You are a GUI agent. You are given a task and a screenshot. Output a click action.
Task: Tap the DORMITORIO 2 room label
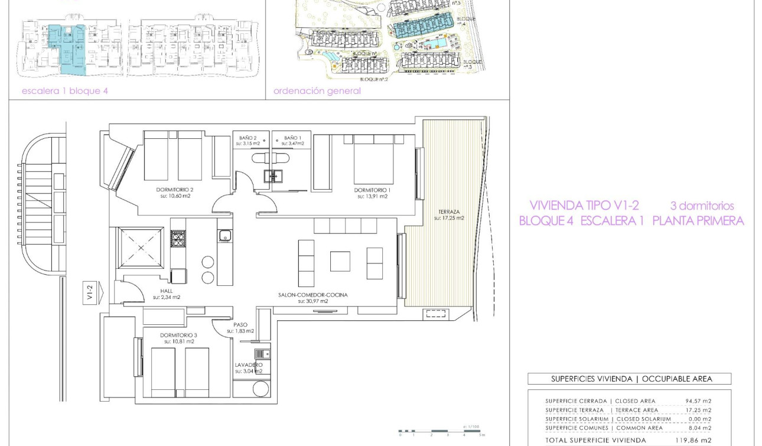(x=175, y=190)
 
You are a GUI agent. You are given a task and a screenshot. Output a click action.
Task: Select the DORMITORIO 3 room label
(x=178, y=336)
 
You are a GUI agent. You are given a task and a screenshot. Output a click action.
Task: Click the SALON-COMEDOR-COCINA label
(x=313, y=295)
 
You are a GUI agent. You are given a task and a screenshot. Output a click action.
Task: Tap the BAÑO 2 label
(x=247, y=138)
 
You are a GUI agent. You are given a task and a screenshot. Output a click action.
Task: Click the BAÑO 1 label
(x=294, y=138)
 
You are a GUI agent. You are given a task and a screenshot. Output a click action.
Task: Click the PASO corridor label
(x=240, y=325)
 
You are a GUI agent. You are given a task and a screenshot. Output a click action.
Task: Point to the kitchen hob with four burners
(x=178, y=238)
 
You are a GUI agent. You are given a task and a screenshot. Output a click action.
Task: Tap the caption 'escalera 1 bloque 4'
(x=65, y=91)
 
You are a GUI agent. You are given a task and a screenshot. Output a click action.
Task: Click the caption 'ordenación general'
(x=317, y=91)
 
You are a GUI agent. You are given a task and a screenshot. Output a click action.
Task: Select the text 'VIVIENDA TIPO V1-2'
(x=584, y=206)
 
